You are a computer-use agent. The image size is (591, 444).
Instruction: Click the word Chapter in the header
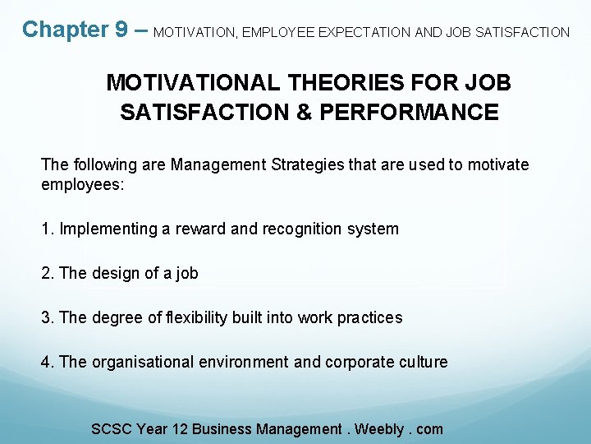(x=65, y=30)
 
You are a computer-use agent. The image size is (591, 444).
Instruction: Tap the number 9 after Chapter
(x=121, y=30)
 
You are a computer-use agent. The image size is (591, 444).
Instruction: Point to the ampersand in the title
(x=293, y=112)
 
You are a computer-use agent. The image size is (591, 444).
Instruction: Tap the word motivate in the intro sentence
(x=499, y=164)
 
